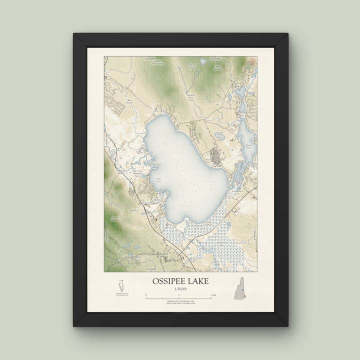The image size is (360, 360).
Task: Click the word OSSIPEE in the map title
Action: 170,281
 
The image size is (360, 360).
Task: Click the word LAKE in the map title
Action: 199,281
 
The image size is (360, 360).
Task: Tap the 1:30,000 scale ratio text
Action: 180,289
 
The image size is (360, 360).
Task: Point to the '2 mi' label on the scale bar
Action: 213,295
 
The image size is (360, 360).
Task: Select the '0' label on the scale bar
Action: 146,295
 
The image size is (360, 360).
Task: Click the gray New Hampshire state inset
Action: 239,288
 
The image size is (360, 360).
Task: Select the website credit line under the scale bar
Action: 180,300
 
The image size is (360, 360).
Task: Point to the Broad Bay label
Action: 248,146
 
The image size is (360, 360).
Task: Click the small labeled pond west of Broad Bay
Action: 219,135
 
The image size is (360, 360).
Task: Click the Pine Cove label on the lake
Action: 158,179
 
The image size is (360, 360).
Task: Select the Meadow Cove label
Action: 155,163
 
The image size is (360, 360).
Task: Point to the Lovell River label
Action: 134,210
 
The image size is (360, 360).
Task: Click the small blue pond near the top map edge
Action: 202,61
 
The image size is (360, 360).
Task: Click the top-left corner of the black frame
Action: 74,34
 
